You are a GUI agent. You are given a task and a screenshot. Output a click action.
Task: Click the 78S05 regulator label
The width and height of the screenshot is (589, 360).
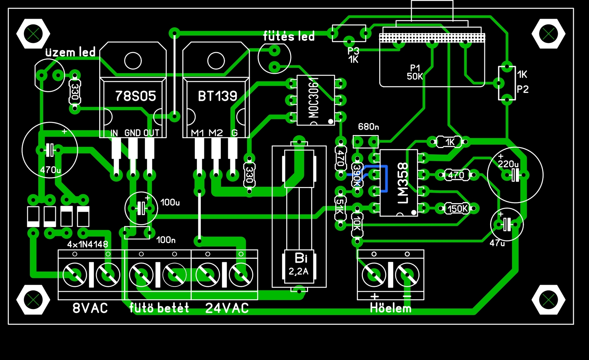135,96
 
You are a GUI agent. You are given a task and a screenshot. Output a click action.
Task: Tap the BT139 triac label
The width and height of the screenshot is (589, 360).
218,96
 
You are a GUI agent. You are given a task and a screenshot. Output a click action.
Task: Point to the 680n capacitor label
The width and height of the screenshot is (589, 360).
368,127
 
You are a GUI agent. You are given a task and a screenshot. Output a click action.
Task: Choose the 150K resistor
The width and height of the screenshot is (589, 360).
457,208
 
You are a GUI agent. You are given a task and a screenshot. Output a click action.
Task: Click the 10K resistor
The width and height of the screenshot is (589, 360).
357,225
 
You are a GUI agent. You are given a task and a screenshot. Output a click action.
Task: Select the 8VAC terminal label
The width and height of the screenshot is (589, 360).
90,308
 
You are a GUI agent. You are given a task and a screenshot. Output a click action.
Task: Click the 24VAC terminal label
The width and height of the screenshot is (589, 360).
227,308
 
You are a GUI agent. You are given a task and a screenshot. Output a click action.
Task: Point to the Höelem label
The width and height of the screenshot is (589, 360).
390,308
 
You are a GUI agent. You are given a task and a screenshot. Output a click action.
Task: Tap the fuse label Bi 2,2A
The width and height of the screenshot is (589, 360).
299,264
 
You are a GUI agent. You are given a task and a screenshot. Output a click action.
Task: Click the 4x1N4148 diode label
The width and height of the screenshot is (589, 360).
88,244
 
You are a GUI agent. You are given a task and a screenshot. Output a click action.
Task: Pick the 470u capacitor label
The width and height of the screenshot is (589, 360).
50,170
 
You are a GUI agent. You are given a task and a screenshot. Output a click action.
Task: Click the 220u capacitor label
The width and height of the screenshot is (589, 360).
508,164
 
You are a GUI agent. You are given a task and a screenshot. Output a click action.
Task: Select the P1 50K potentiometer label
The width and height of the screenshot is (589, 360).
415,72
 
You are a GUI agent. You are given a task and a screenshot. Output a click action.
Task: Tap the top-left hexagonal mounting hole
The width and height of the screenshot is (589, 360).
33,34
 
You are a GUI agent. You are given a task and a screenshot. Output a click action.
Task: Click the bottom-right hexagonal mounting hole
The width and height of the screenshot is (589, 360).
549,299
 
